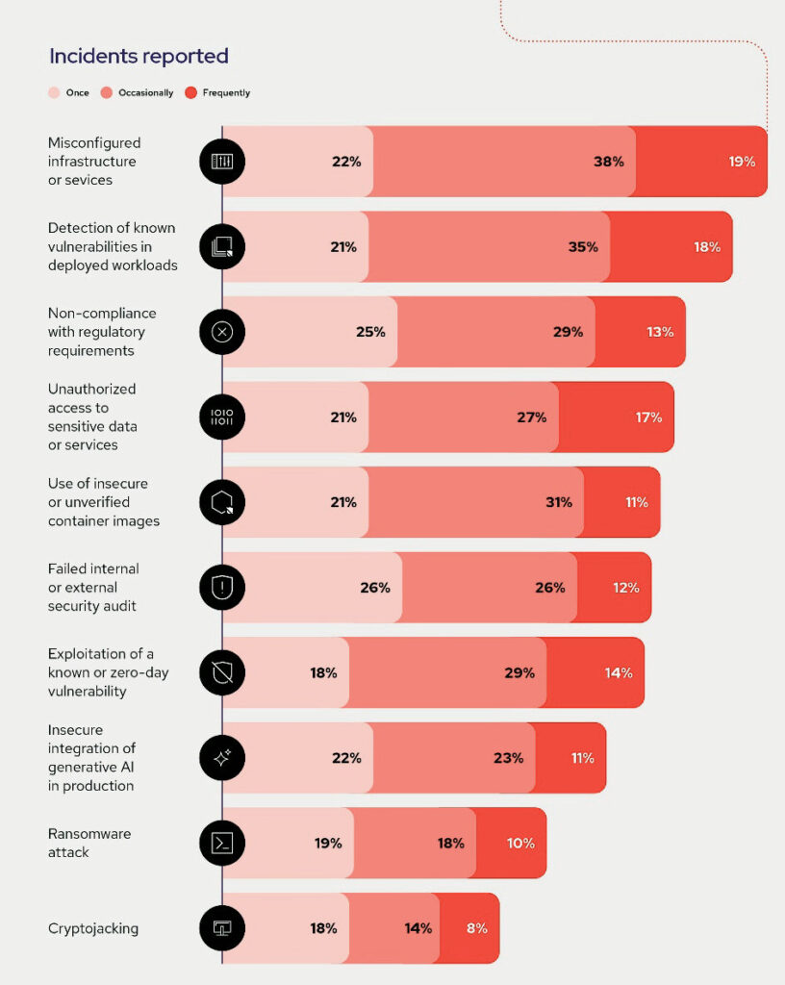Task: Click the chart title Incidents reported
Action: tap(139, 56)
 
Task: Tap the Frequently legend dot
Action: tap(190, 93)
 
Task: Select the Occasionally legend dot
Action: tap(106, 93)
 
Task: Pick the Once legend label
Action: tap(77, 93)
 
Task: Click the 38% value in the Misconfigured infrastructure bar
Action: tap(609, 162)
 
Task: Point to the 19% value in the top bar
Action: tap(742, 162)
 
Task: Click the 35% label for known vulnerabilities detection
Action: tap(583, 247)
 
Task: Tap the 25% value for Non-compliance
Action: tap(370, 332)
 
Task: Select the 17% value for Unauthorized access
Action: tap(648, 417)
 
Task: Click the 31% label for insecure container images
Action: tap(559, 502)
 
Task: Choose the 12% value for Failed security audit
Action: tap(626, 588)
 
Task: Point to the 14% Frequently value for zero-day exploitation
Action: tap(619, 672)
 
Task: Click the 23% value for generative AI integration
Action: tap(508, 758)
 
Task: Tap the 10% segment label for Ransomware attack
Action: tap(520, 843)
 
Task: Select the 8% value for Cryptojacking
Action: tap(476, 928)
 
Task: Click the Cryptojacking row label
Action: tap(93, 928)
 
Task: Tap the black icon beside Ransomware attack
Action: tap(222, 843)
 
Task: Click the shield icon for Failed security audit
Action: tap(222, 588)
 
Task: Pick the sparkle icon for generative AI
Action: tap(222, 758)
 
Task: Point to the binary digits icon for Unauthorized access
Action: tap(222, 417)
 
